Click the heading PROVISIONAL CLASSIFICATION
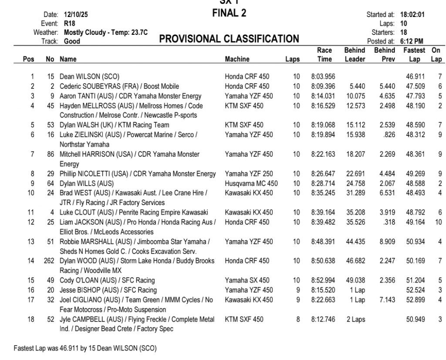229,40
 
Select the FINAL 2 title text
229,13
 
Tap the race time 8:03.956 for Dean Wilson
323,76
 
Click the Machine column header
237,59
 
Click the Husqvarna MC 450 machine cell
251,183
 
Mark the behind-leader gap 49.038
356,280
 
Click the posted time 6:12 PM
412,41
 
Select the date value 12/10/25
76,15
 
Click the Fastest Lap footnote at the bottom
85,349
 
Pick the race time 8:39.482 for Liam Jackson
323,222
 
